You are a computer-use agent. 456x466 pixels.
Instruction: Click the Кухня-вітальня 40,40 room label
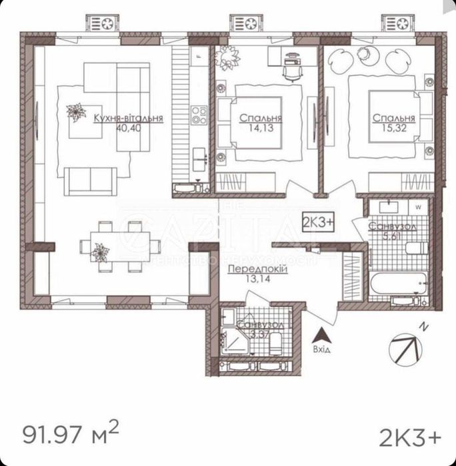tap(129, 122)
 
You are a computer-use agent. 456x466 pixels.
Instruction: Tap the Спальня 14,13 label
tap(260, 123)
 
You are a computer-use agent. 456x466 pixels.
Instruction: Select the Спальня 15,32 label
tap(394, 123)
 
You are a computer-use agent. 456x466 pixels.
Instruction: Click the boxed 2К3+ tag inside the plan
tap(319, 222)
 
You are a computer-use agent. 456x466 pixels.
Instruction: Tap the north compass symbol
tap(406, 345)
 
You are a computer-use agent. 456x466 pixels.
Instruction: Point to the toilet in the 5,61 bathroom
tap(416, 248)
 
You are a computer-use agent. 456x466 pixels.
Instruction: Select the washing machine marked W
tap(418, 207)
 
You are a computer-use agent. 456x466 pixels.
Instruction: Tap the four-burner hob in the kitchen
tap(199, 116)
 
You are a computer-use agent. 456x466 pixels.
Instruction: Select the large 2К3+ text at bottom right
tap(410, 437)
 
